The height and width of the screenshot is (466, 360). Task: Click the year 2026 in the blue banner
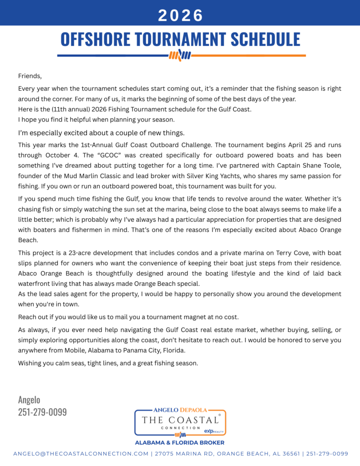pyautogui.click(x=180, y=15)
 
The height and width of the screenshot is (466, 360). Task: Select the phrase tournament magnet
pyautogui.click(x=166, y=316)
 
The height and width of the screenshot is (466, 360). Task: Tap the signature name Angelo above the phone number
pyautogui.click(x=29, y=400)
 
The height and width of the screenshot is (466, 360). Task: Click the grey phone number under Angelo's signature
pyautogui.click(x=42, y=412)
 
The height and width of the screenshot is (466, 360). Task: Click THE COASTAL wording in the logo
pyautogui.click(x=180, y=420)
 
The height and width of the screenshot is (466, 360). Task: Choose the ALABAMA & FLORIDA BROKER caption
pyautogui.click(x=180, y=442)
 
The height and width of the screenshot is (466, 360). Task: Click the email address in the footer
pyautogui.click(x=81, y=454)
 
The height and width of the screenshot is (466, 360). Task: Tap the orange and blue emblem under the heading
pyautogui.click(x=180, y=56)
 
